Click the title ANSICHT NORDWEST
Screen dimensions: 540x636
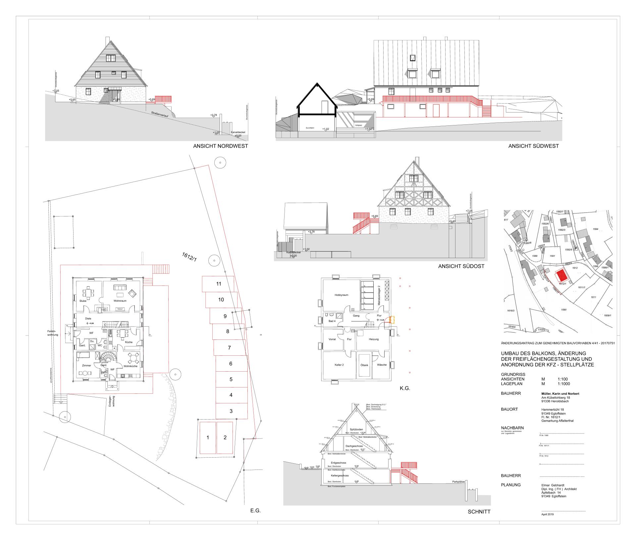click(x=220, y=146)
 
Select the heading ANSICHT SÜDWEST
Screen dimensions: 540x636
click(x=533, y=146)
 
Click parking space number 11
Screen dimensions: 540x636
click(x=218, y=284)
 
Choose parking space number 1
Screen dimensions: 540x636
click(x=208, y=437)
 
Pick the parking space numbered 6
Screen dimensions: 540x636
click(x=231, y=364)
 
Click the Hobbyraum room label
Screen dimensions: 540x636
click(x=341, y=295)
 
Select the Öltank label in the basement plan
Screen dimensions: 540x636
click(x=364, y=365)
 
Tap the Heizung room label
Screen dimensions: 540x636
click(x=373, y=339)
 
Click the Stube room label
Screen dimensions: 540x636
click(x=83, y=301)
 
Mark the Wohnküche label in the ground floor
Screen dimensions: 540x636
click(x=131, y=366)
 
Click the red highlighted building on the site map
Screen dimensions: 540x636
click(x=561, y=275)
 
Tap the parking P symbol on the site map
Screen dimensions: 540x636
click(x=576, y=248)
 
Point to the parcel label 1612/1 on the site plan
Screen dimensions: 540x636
click(x=189, y=257)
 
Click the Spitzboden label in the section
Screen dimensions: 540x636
click(x=356, y=429)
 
